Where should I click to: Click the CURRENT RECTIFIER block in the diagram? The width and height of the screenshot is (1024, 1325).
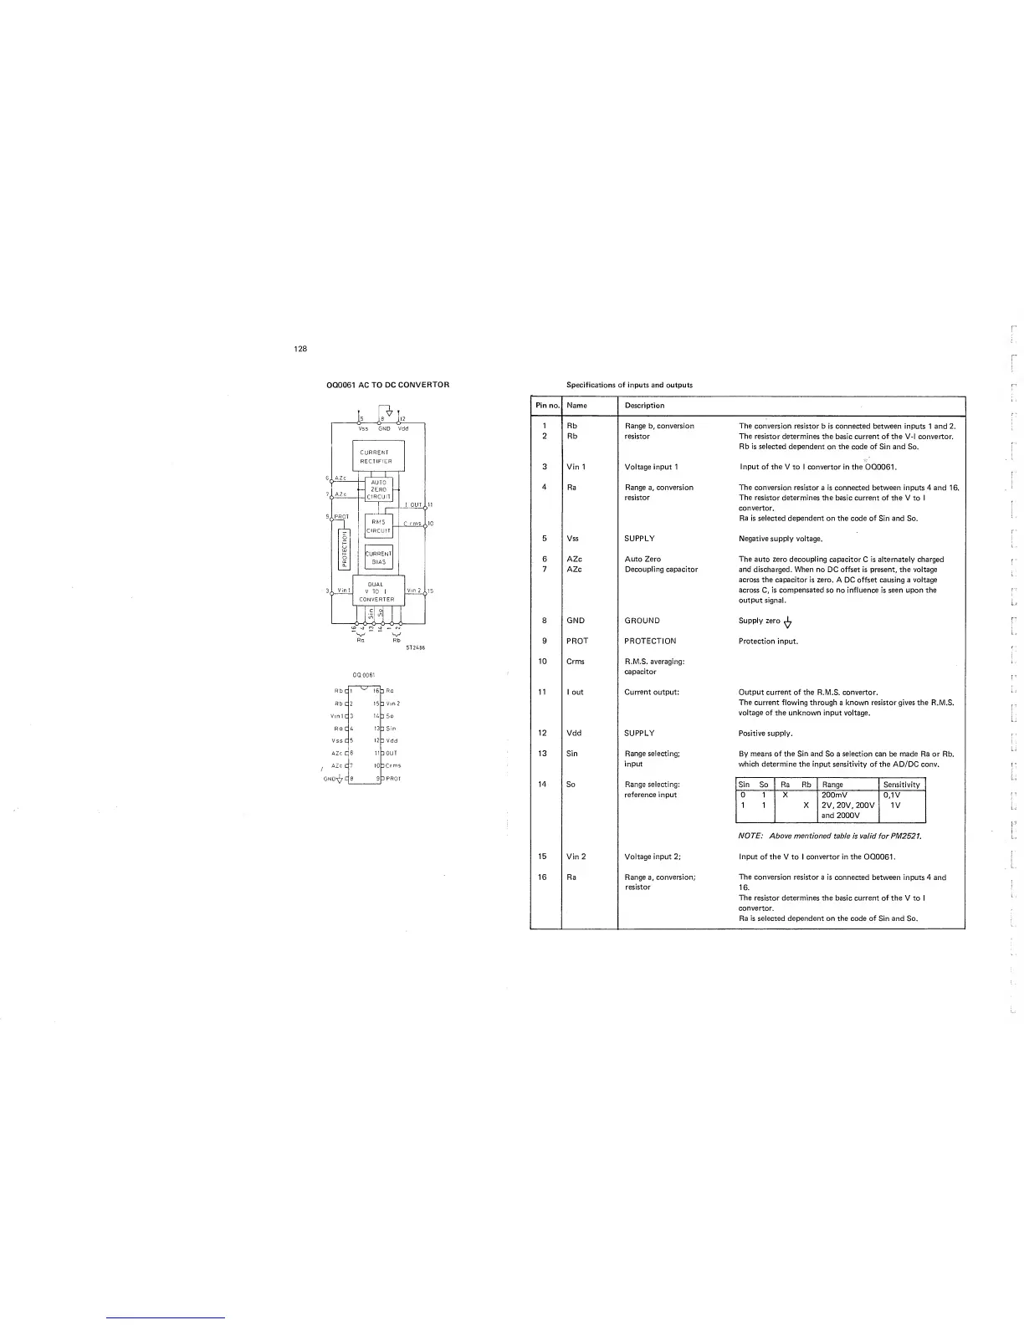(x=378, y=456)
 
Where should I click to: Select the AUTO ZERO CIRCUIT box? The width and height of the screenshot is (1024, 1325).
(x=378, y=489)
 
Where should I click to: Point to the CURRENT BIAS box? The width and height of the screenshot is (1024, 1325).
(x=378, y=557)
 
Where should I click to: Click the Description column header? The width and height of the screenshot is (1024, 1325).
(x=644, y=406)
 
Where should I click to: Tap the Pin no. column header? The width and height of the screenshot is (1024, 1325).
(x=547, y=406)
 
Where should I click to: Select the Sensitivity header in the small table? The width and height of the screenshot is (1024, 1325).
(x=902, y=785)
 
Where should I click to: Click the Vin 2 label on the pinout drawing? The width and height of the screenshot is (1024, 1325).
(x=393, y=703)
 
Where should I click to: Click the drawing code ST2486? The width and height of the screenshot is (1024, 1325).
(x=417, y=646)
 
